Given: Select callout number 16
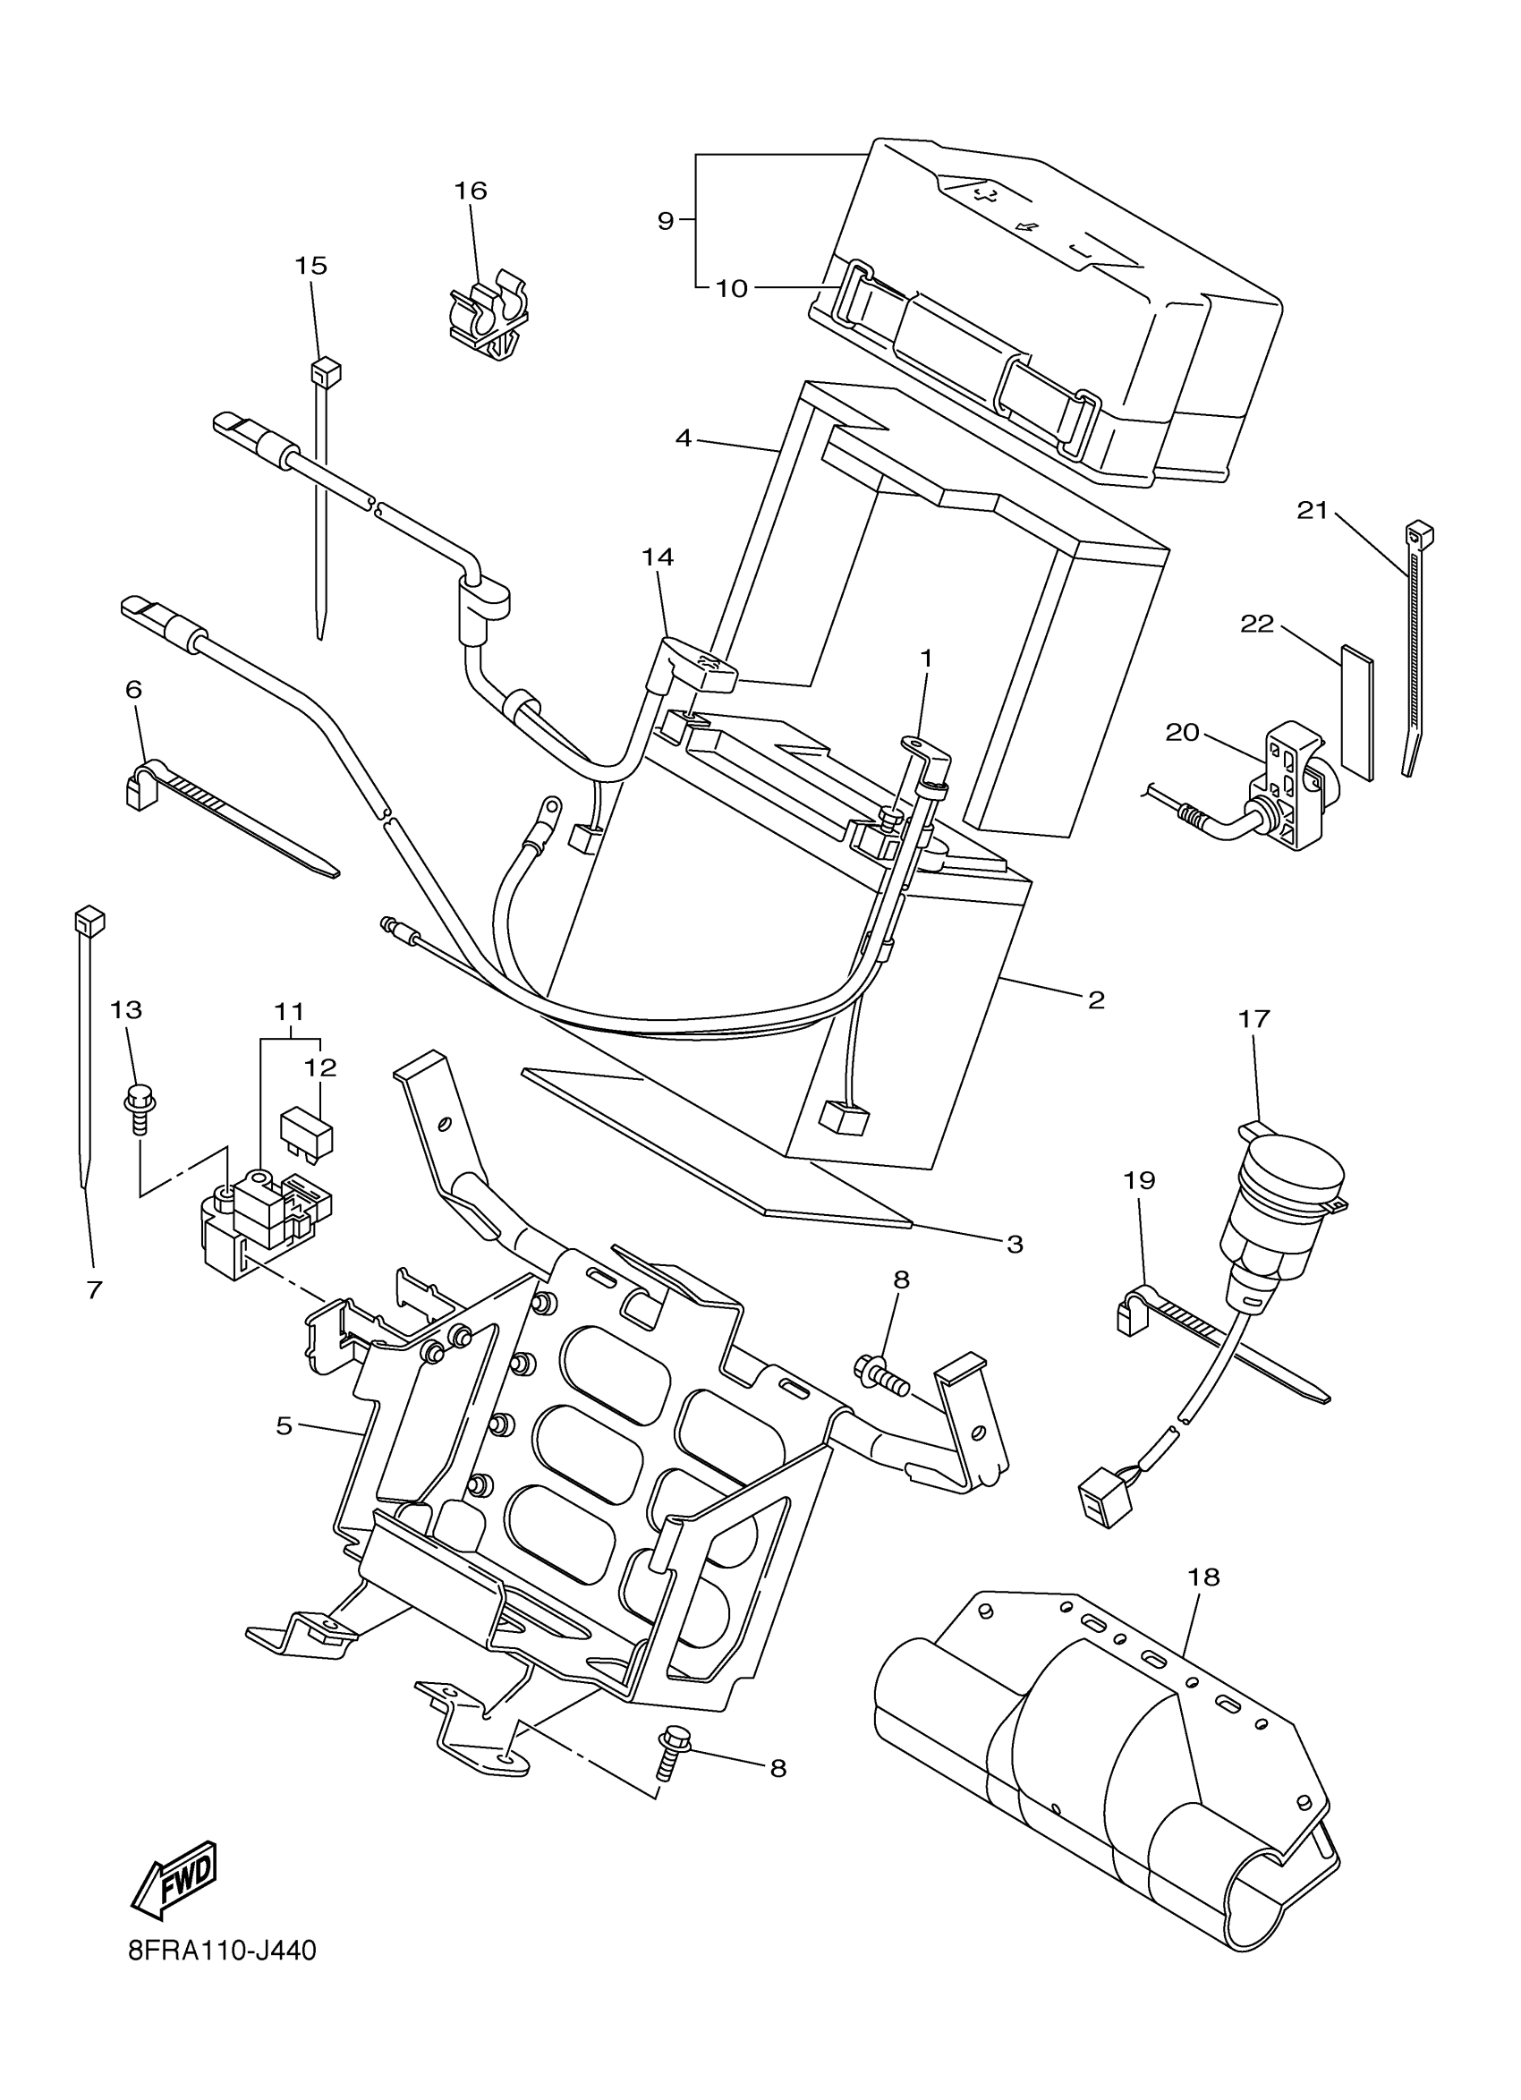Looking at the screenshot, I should (471, 191).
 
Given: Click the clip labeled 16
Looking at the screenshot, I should (489, 315).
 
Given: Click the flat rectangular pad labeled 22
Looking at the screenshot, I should (1356, 711).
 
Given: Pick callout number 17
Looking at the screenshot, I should (1254, 1018).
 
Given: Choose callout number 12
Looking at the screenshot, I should (320, 1067).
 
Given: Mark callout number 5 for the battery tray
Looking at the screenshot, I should (285, 1426).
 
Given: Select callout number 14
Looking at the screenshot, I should (659, 557).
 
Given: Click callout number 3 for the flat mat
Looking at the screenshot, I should (1015, 1245).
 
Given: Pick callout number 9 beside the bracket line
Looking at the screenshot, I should (666, 221).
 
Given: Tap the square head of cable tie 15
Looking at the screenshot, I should (325, 372).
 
